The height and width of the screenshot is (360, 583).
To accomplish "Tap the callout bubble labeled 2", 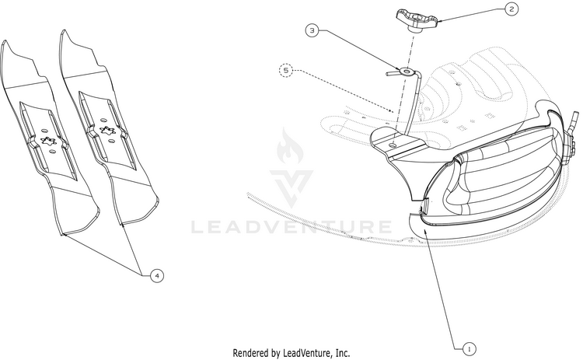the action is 511,10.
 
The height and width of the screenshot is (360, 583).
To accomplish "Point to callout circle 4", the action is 157,275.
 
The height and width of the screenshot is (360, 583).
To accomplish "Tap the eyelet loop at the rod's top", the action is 403,71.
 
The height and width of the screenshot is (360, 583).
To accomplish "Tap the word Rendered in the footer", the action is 255,352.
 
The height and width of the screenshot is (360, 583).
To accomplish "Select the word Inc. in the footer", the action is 341,352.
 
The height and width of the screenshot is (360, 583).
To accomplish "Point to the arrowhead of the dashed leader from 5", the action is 397,110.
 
